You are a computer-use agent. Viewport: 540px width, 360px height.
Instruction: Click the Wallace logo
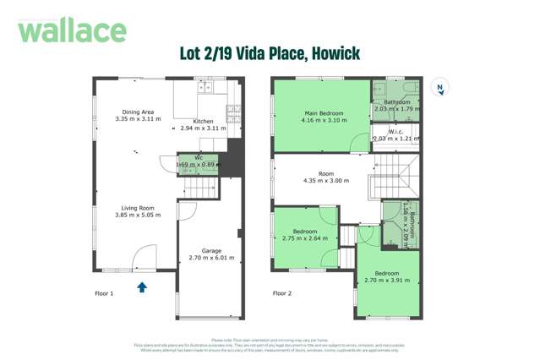point(72,30)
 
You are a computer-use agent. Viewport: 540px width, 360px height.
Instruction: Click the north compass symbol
point(439,87)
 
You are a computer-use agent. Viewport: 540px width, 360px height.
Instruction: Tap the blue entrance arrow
point(142,287)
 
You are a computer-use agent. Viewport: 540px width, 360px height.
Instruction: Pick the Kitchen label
point(203,121)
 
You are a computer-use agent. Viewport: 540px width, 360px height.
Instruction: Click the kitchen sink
point(205,86)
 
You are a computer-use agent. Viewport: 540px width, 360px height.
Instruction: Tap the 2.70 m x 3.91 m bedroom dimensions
point(386,281)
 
